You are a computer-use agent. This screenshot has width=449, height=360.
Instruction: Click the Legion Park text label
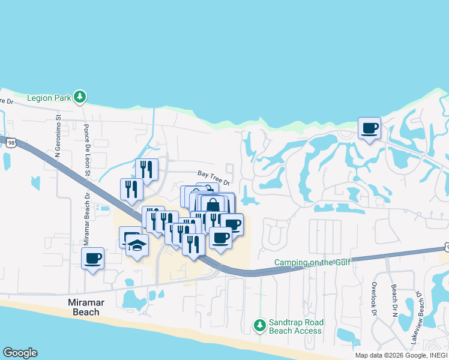click(x=49, y=97)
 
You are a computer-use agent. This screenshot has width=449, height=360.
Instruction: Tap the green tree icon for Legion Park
click(x=80, y=97)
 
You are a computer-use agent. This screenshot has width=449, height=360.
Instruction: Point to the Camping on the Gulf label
click(x=312, y=262)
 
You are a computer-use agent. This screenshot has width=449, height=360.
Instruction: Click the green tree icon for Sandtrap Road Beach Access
click(x=259, y=325)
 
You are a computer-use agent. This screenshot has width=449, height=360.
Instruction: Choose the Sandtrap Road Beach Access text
click(x=295, y=326)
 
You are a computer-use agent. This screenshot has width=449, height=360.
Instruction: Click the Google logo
click(x=20, y=353)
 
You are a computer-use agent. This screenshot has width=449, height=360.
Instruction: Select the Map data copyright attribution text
click(x=400, y=355)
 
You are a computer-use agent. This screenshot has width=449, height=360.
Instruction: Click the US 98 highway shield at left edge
click(x=8, y=142)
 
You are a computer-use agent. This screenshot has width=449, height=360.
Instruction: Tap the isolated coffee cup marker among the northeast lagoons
click(x=369, y=127)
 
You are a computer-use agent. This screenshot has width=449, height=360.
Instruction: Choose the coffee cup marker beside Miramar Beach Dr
click(x=92, y=258)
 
